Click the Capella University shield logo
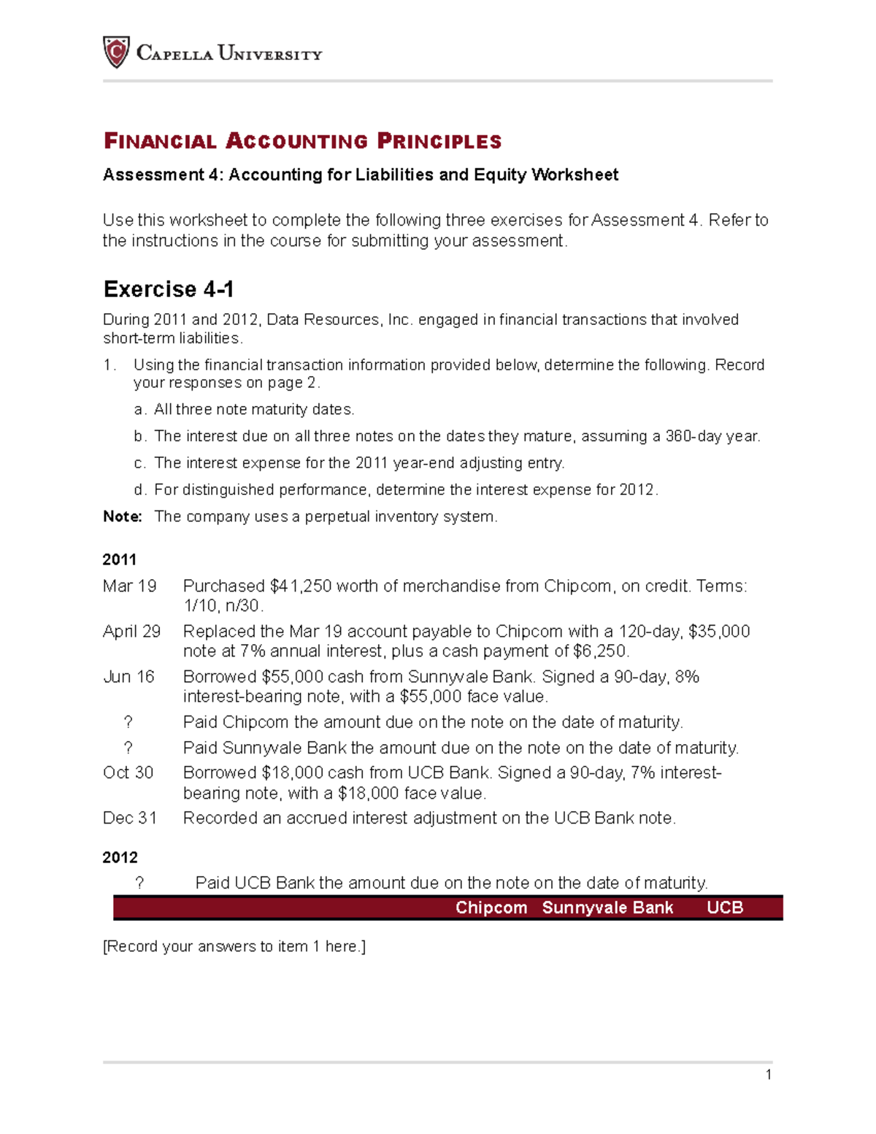point(116,53)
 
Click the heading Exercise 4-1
point(169,289)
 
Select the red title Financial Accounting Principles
point(302,141)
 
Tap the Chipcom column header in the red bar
point(491,908)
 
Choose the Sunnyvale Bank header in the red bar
point(607,908)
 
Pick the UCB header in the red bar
point(725,908)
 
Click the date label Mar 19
point(129,586)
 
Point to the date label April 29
point(131,632)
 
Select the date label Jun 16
point(128,677)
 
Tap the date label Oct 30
point(128,773)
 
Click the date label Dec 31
point(129,818)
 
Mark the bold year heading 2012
point(120,857)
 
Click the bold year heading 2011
point(120,559)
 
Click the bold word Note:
point(122,516)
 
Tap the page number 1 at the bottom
point(768,1074)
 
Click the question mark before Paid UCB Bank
point(139,883)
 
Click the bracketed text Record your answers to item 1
point(234,946)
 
